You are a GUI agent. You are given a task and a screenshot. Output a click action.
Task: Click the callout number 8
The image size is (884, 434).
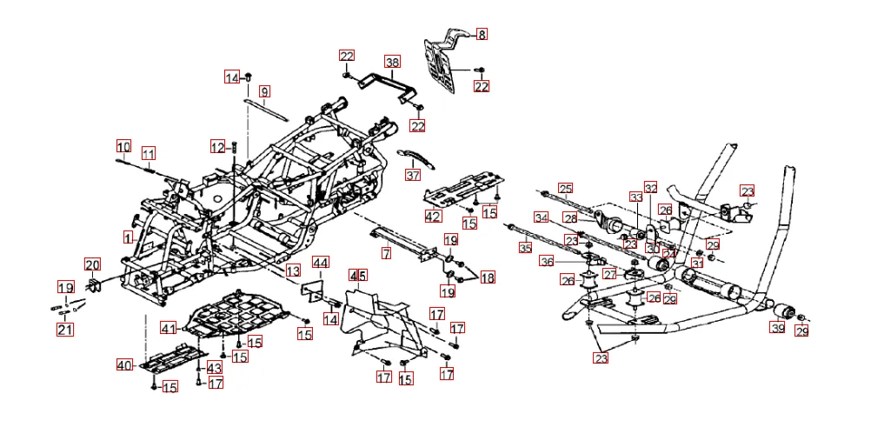[x=482, y=35]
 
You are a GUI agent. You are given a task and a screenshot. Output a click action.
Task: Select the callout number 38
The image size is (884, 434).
[x=393, y=63]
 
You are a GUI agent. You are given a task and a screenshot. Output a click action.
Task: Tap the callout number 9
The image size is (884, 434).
[x=264, y=91]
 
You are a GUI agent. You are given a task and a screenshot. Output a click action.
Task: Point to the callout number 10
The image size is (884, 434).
[x=123, y=146]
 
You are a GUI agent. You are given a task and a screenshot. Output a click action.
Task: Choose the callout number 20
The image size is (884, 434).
[x=92, y=264]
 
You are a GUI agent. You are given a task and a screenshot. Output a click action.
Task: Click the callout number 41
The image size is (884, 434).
[x=169, y=328]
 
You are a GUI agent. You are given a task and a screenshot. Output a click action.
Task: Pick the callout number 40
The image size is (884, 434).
[x=125, y=366]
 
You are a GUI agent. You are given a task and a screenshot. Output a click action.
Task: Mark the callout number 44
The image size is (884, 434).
[x=321, y=263]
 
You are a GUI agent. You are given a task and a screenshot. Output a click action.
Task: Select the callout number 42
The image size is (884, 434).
[x=433, y=215]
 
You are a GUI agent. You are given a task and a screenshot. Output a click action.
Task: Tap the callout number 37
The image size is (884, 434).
[x=412, y=175]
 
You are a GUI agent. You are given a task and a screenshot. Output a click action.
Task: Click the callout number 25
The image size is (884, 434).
[x=566, y=188]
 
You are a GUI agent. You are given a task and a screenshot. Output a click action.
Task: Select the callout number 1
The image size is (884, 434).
[x=128, y=237]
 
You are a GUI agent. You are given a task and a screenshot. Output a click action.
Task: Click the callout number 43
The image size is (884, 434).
[x=215, y=368]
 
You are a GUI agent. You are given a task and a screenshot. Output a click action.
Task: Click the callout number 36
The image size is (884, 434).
[x=546, y=262]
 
